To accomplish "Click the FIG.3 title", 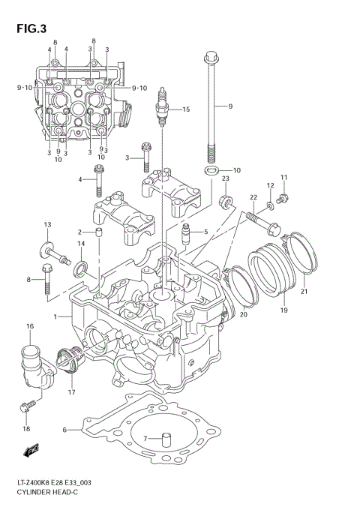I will [31, 29].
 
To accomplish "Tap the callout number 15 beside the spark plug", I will [185, 110].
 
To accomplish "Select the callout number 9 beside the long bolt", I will [230, 106].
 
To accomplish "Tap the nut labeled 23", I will [223, 202].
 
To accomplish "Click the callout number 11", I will [283, 177].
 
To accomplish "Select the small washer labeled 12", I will [269, 202].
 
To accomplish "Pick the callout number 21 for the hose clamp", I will [304, 292].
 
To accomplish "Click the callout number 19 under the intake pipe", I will [284, 309].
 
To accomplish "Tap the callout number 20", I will [244, 314].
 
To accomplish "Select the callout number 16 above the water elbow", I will [31, 326].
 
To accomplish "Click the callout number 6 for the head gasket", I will [65, 430].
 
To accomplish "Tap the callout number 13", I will [46, 225].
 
